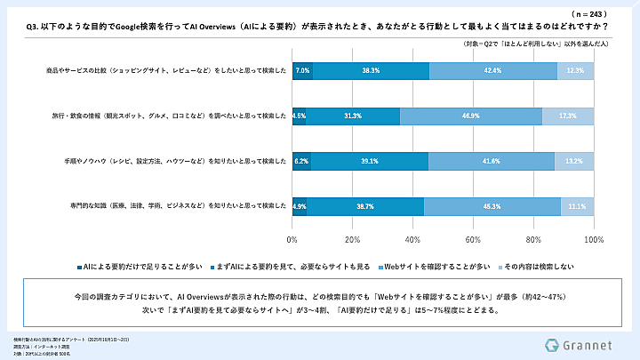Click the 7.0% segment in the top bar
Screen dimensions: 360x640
coord(302,70)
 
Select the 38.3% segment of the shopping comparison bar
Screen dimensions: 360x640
coord(372,70)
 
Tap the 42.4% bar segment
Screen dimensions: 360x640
coord(493,70)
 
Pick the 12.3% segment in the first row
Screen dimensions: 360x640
coord(575,70)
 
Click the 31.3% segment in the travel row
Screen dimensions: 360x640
coord(353,116)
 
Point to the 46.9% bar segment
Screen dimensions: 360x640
coord(471,116)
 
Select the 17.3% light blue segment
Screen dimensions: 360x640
coord(568,116)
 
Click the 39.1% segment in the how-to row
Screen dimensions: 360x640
coord(370,161)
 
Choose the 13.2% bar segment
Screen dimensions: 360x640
coord(574,161)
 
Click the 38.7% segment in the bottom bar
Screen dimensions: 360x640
coord(365,206)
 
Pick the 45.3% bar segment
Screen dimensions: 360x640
coord(492,206)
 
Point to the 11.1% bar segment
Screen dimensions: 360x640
coord(578,206)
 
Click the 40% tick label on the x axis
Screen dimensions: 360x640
coord(412,240)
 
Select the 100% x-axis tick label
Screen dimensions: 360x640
coord(593,240)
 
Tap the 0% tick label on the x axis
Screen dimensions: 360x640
coord(292,240)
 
